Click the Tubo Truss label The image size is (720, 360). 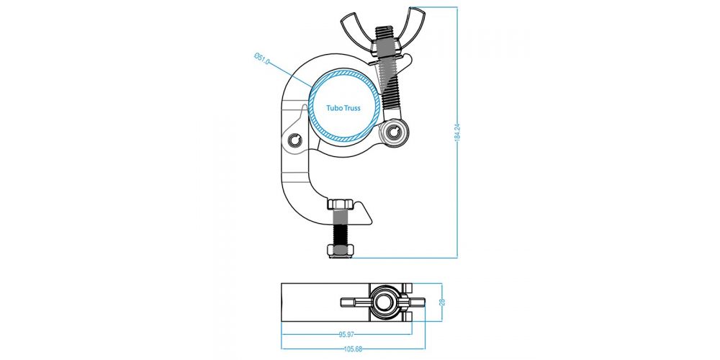coord(343,109)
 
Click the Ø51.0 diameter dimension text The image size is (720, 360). coord(262,59)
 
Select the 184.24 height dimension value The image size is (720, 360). coord(457,132)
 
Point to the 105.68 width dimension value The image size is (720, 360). coord(353,349)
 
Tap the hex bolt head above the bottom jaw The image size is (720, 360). coord(341,204)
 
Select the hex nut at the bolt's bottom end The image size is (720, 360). coord(341,251)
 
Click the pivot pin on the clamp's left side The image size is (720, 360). coord(294,139)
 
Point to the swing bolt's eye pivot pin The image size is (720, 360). coord(393,132)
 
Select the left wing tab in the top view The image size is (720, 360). coord(356,302)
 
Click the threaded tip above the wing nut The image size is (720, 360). coord(384,32)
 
